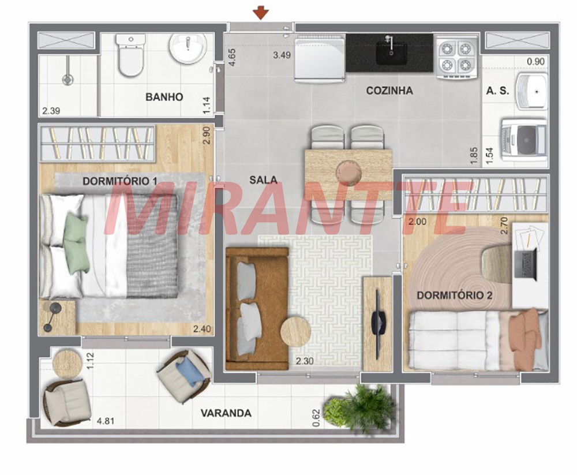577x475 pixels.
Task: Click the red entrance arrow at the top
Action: (x=261, y=13)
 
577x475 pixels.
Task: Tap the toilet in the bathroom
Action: (x=130, y=55)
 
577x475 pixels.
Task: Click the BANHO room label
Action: (x=164, y=97)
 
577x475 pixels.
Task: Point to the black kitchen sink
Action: (x=391, y=54)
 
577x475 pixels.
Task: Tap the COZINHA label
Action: (x=389, y=91)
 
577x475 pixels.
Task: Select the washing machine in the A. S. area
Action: (x=524, y=140)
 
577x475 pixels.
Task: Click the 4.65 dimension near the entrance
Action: (x=233, y=57)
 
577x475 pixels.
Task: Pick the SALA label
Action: (x=263, y=179)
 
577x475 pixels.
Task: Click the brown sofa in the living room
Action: (x=257, y=309)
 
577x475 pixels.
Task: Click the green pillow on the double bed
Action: (x=77, y=244)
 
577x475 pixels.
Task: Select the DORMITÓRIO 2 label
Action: (x=455, y=296)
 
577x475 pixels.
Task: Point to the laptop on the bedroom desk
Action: (x=524, y=264)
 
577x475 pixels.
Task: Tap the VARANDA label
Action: (x=226, y=413)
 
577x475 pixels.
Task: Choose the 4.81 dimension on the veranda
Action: (x=105, y=421)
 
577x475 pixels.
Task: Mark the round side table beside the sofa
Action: (x=295, y=331)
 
